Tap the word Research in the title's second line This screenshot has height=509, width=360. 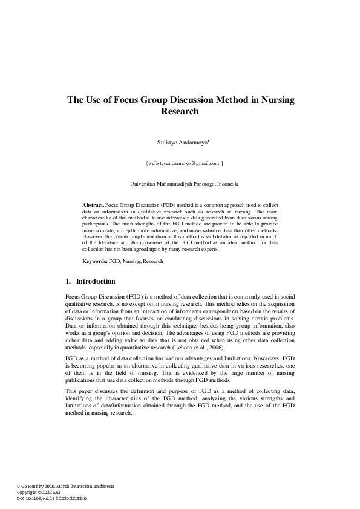180,111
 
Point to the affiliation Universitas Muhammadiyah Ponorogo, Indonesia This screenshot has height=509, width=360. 185,183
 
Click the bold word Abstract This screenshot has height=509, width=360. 93,206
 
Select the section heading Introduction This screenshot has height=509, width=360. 96,281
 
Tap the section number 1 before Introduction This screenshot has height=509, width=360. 67,281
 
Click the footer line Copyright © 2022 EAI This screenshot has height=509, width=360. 43,493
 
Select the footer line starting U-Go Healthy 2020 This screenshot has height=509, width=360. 65,487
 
